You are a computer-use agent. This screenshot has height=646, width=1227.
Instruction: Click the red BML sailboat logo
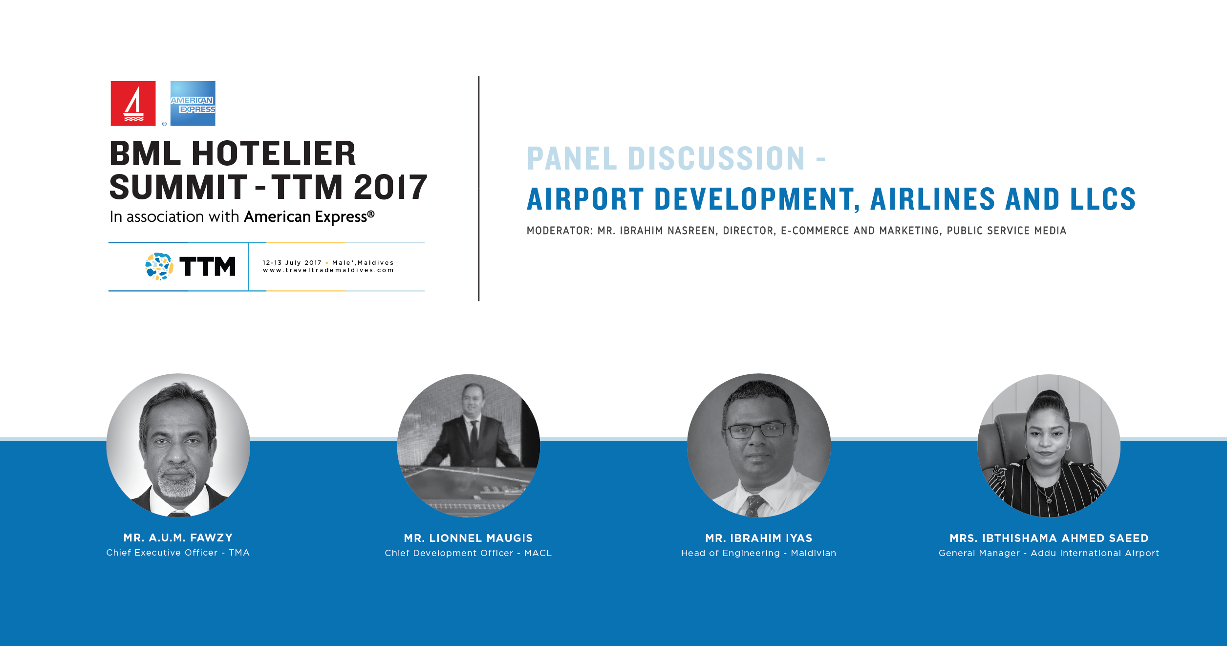click(x=133, y=104)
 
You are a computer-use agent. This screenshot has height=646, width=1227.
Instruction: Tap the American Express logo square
click(x=193, y=104)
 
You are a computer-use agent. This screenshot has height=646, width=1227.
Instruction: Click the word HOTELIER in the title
click(x=274, y=153)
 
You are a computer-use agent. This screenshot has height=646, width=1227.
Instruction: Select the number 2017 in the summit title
click(x=390, y=187)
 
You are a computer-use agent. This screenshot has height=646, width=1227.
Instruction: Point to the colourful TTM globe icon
click(x=159, y=266)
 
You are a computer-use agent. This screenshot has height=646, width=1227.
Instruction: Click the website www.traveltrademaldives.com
click(x=328, y=270)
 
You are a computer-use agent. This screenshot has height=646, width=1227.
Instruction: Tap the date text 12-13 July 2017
click(x=292, y=263)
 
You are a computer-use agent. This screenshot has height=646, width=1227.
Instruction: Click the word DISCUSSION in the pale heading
click(x=716, y=158)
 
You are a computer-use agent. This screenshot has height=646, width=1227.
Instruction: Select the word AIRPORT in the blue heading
click(x=585, y=199)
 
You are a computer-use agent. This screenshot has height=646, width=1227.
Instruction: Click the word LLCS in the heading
click(x=1103, y=199)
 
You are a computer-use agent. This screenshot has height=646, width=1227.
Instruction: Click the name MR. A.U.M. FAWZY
click(x=178, y=538)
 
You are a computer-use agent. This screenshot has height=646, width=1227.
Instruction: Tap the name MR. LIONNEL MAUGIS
click(x=468, y=538)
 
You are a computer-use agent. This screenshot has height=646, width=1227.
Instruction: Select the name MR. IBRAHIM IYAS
click(x=759, y=538)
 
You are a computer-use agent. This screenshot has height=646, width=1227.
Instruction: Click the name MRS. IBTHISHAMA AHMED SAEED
click(x=1049, y=538)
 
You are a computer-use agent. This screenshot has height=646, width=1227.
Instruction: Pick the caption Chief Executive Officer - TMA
click(x=178, y=553)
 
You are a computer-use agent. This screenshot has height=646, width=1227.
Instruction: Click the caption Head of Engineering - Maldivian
click(x=759, y=553)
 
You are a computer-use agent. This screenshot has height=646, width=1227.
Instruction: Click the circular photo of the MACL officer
click(x=469, y=445)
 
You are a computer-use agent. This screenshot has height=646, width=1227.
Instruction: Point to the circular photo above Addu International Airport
click(x=1049, y=445)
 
